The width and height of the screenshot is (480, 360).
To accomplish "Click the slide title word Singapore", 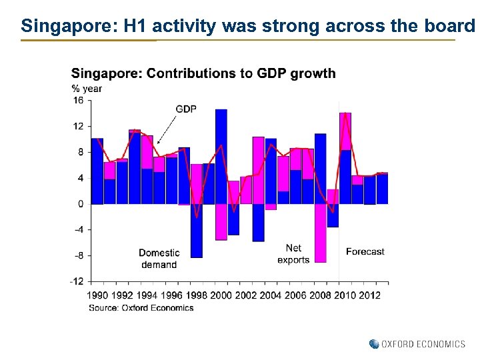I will coord(61,26).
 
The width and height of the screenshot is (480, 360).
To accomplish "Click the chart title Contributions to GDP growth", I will coord(241,73).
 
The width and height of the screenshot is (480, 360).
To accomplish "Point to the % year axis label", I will coord(87,89).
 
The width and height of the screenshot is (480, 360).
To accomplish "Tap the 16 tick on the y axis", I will coord(78,101).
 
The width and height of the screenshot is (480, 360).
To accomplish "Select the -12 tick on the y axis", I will coord(77,281).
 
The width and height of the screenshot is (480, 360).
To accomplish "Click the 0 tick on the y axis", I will coord(80,204).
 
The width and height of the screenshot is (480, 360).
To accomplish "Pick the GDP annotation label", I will coord(186,109).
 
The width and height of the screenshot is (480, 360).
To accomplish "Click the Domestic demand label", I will coord(159,259).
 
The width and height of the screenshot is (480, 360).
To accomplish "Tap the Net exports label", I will coord(293,254).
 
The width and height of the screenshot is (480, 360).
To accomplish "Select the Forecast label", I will coord(365,251).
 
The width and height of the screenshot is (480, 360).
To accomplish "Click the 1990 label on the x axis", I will coord(98,295).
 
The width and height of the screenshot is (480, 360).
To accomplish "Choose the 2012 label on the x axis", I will coord(369,295).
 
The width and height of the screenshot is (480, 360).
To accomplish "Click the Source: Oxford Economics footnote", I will coord(141,307).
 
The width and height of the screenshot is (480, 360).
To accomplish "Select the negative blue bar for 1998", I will coord(197,230).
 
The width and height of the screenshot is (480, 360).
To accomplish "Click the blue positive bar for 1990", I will coord(97,171).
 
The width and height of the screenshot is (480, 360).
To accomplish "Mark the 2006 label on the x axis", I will coord(295,295).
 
